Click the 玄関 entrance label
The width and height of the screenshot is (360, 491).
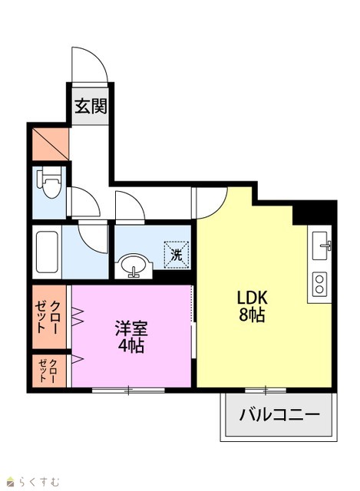91,106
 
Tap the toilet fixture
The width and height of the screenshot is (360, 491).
49,183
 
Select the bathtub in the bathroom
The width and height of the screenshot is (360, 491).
47,252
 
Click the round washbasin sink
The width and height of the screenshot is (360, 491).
133,265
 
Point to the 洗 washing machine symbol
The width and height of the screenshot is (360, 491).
177,255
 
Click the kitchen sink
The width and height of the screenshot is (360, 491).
322,245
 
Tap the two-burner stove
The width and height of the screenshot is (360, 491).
319,284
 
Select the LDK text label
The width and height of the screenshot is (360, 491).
253,298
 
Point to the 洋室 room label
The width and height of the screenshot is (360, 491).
131,328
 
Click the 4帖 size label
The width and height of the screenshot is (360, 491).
131,345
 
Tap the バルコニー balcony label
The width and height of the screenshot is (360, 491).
279,415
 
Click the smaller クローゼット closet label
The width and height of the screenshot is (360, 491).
48,371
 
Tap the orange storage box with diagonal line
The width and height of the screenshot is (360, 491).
51,144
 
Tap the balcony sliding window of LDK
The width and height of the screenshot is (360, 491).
266,390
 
